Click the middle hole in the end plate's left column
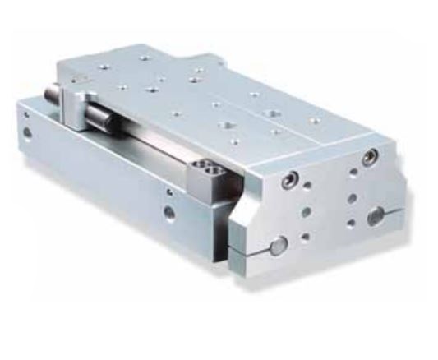306,211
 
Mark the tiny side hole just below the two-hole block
169,192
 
